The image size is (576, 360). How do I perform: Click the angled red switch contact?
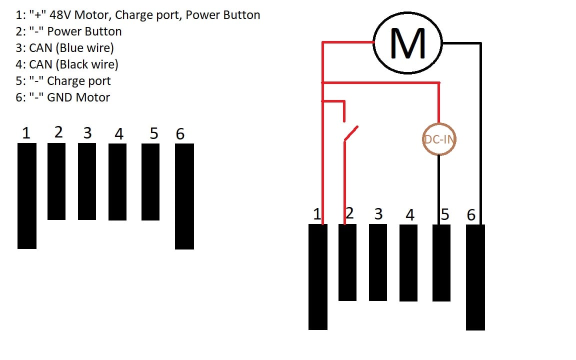pos(351,133)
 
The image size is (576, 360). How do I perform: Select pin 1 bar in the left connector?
pos(27,196)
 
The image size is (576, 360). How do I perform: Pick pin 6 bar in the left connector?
pos(184,196)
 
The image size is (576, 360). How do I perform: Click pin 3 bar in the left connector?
pos(87,181)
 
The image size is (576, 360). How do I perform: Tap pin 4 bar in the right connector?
pos(408,262)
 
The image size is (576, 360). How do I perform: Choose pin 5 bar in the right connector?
pos(441,262)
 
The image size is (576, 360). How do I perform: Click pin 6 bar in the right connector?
pos(475,277)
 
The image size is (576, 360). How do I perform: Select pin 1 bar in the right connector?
pos(318,277)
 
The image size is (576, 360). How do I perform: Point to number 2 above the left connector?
pos(58,132)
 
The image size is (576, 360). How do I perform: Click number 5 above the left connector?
pos(154,133)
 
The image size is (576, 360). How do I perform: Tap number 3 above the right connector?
pos(378,214)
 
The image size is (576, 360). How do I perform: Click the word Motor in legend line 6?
pos(92,97)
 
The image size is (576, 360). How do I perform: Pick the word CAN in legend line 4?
pos(40,64)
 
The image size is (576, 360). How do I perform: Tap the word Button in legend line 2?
pos(103,31)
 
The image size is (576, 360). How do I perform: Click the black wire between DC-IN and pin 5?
pos(438,190)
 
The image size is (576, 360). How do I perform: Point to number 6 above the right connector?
pos(471,215)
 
